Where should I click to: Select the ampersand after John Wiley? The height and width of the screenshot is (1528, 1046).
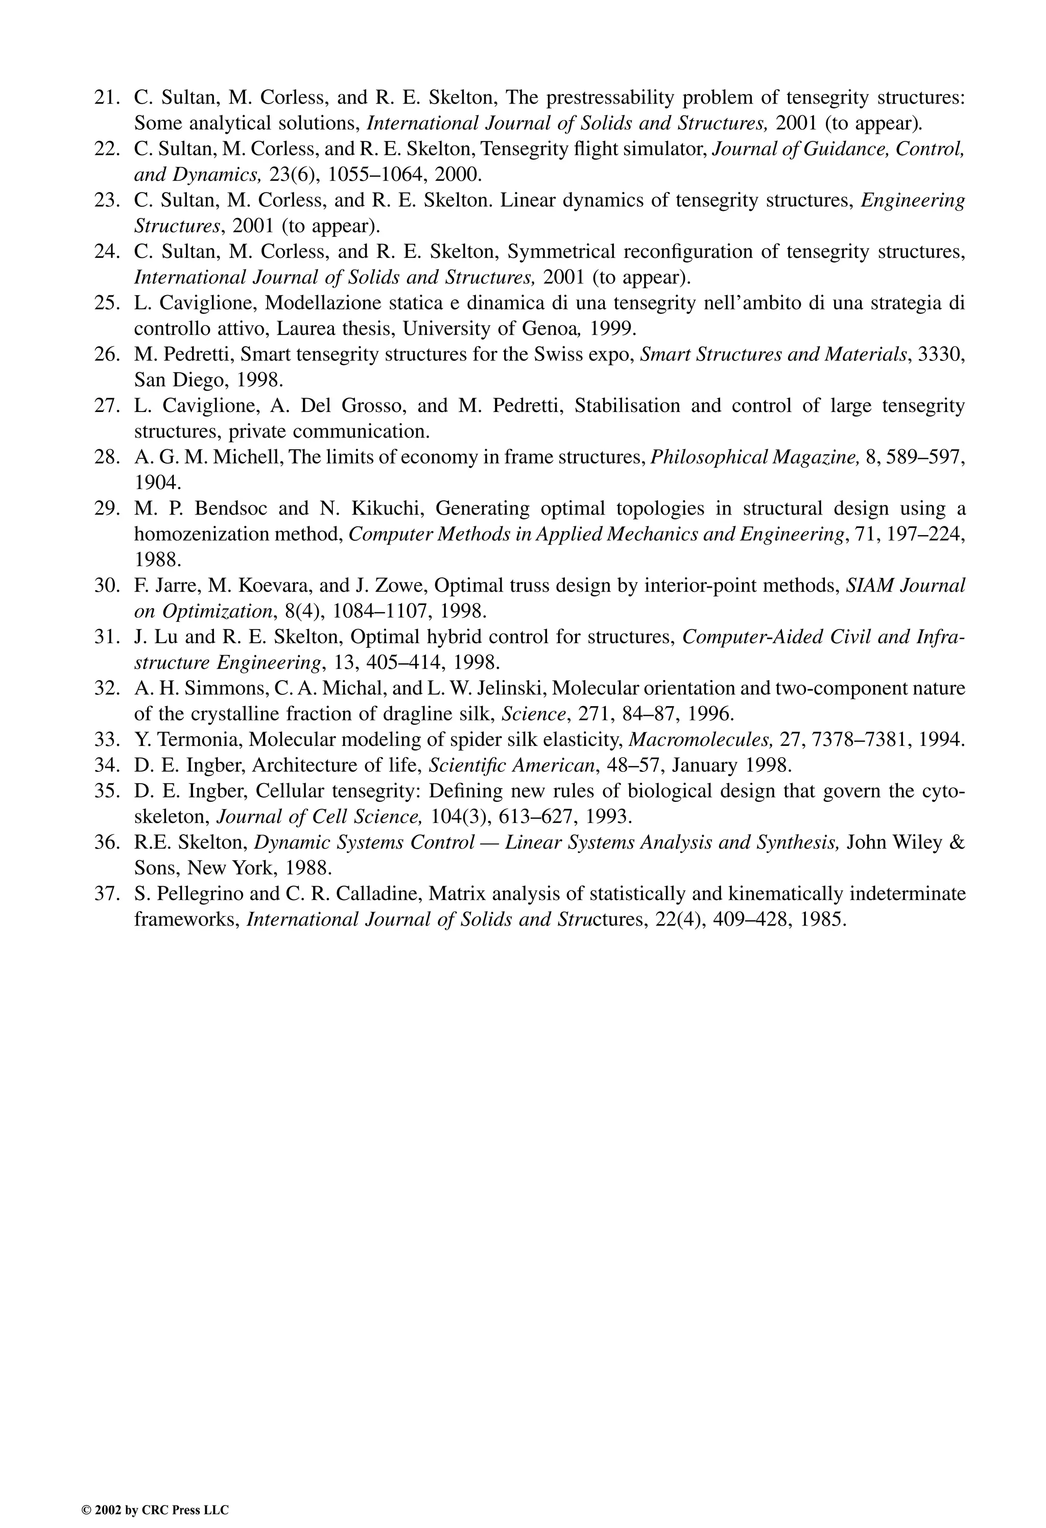(958, 842)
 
